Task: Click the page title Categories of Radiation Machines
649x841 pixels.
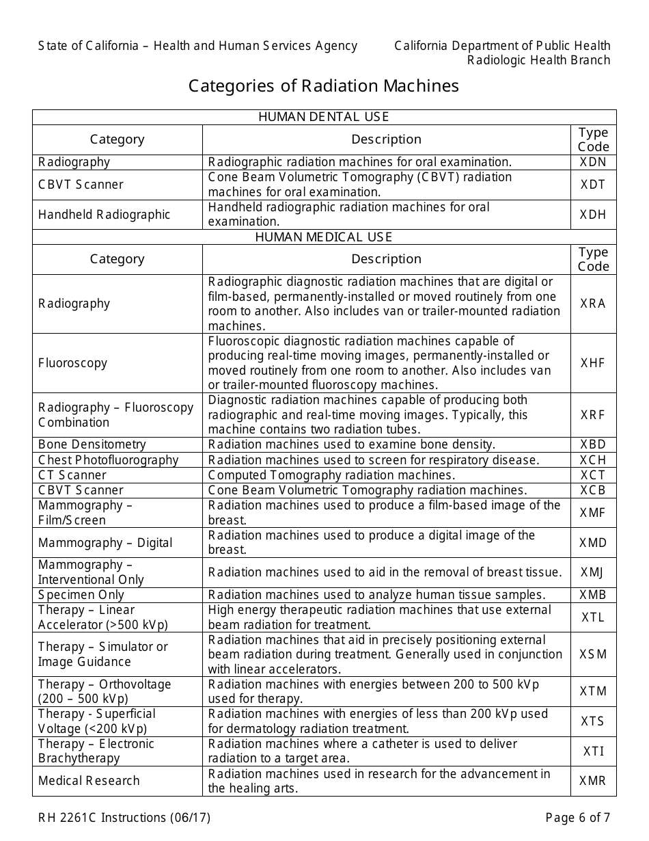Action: pyautogui.click(x=324, y=86)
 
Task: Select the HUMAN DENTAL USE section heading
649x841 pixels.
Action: pyautogui.click(x=324, y=117)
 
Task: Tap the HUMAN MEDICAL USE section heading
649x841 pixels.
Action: pyautogui.click(x=324, y=237)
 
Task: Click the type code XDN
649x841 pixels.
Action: pyautogui.click(x=593, y=163)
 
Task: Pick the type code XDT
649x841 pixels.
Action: pyautogui.click(x=593, y=185)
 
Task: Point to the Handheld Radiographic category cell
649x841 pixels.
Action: pyautogui.click(x=104, y=215)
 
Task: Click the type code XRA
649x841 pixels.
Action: pyautogui.click(x=593, y=304)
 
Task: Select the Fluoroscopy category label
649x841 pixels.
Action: pyautogui.click(x=72, y=363)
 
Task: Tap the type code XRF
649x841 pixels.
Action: pyautogui.click(x=593, y=415)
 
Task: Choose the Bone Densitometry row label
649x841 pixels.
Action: pyautogui.click(x=92, y=445)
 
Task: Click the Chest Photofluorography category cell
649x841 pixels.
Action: pyautogui.click(x=108, y=460)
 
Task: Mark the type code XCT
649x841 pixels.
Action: pyautogui.click(x=593, y=475)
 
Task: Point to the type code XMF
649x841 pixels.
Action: pyautogui.click(x=593, y=513)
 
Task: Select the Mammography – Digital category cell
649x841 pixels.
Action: pyautogui.click(x=105, y=543)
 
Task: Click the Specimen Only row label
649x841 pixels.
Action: pyautogui.click(x=81, y=595)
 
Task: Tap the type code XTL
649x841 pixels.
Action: pyautogui.click(x=593, y=617)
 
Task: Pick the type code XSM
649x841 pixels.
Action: pyautogui.click(x=593, y=654)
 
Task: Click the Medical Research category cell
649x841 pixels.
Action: pyautogui.click(x=89, y=781)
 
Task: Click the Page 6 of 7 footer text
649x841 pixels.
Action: pyautogui.click(x=578, y=818)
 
